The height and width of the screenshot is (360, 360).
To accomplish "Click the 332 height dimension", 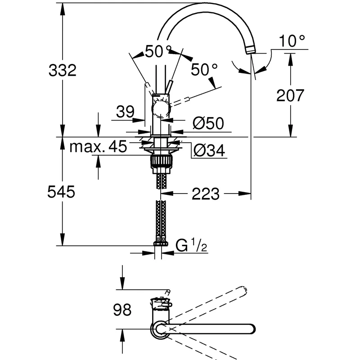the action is pyautogui.click(x=63, y=70).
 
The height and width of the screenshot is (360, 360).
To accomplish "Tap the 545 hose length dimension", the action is pyautogui.click(x=61, y=192).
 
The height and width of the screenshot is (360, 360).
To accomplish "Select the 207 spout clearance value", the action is pyautogui.click(x=290, y=95).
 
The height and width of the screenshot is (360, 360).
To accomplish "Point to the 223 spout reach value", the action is pyautogui.click(x=206, y=194).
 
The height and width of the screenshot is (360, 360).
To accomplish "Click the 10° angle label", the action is pyautogui.click(x=292, y=41).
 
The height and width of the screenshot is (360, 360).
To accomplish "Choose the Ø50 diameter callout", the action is pyautogui.click(x=208, y=123).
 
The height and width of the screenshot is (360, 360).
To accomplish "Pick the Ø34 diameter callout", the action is pyautogui.click(x=209, y=150).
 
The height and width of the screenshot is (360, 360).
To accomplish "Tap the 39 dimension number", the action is pyautogui.click(x=125, y=112).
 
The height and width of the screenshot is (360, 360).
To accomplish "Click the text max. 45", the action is pyautogui.click(x=98, y=146).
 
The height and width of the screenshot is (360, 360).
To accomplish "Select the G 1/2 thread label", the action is pyautogui.click(x=191, y=245).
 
